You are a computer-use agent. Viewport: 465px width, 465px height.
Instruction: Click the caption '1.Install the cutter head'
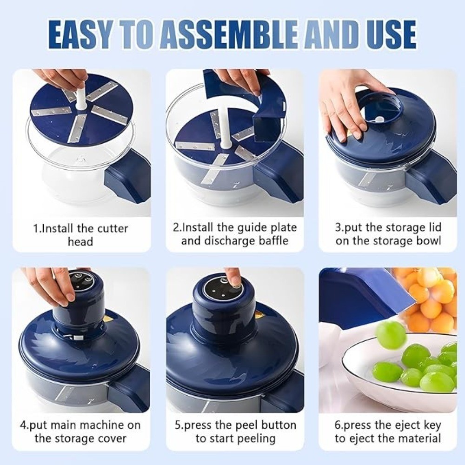80,235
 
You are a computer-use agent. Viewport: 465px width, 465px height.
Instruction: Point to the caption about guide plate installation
234,234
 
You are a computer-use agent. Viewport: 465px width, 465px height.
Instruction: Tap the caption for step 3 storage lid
388,234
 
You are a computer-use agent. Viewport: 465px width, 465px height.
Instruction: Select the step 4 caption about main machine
80,432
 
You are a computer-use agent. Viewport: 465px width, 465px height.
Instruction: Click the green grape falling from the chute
391,334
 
